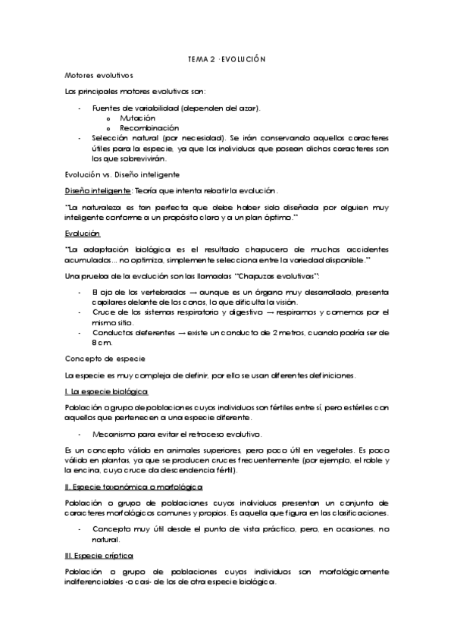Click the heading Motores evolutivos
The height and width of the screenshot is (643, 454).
coord(99,76)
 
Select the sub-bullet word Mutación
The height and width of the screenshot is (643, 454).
coord(138,118)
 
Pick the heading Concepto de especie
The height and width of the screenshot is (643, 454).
coord(105,358)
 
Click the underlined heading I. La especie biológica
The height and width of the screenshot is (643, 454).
coord(107,391)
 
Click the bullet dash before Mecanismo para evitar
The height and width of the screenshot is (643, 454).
coord(80,434)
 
